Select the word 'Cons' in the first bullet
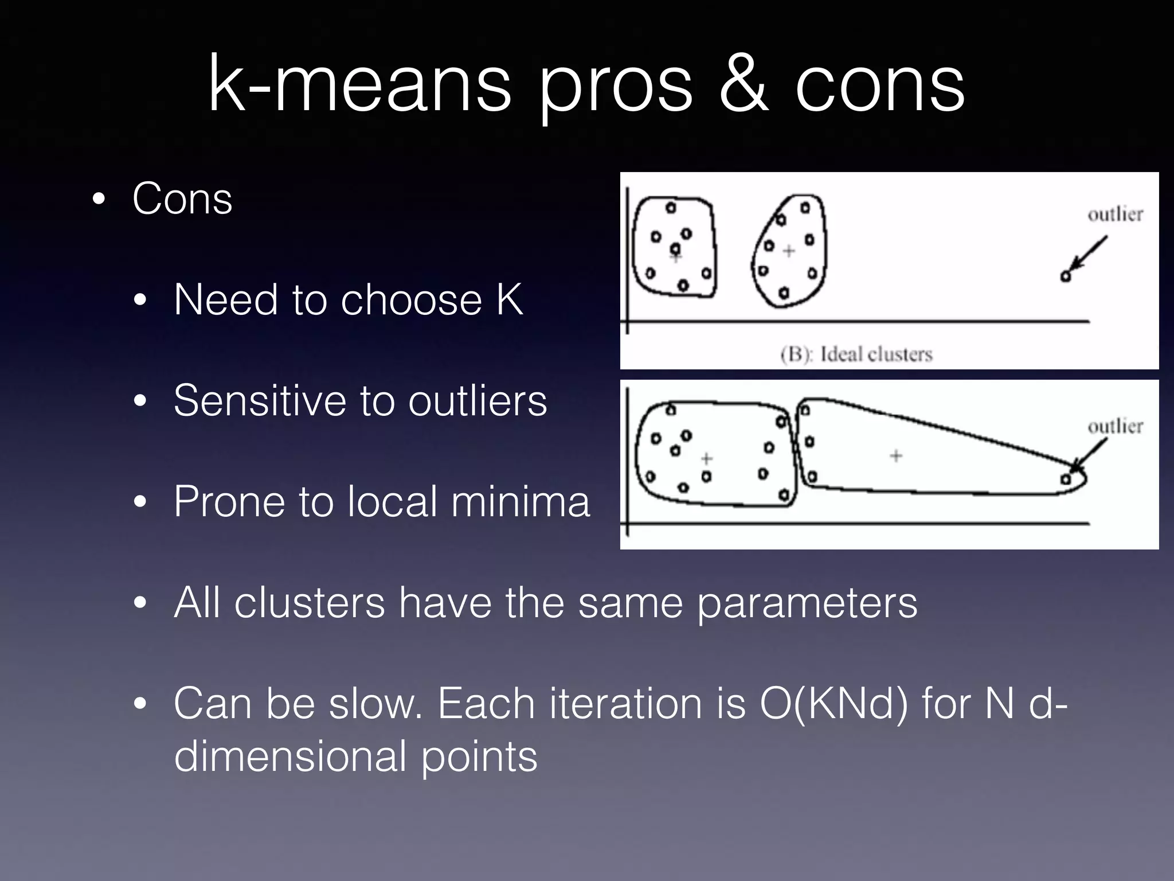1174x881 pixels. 182,198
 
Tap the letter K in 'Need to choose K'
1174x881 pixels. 509,299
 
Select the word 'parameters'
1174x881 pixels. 807,603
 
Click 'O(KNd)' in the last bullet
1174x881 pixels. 834,704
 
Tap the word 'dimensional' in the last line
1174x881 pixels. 290,757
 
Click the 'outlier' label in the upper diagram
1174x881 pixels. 1115,215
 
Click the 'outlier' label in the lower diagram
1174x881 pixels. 1115,427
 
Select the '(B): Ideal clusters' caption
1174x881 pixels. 856,354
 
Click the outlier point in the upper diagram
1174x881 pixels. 1065,276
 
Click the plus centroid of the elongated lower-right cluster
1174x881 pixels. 896,456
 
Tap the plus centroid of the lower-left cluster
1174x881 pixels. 706,458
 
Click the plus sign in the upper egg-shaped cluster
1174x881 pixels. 789,251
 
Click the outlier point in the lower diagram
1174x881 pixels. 1066,479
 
